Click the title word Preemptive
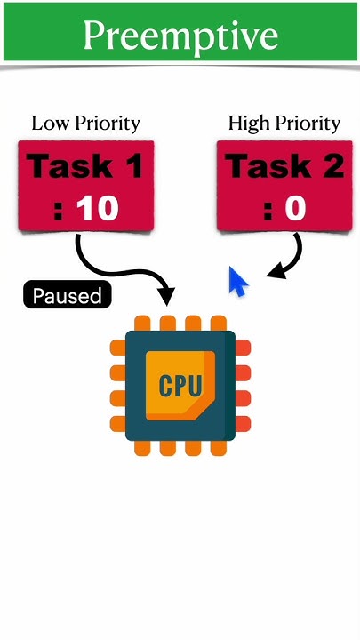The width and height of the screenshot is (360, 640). coord(180,36)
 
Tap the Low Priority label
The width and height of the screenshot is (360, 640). coord(85,123)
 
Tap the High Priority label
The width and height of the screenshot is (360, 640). coord(284,123)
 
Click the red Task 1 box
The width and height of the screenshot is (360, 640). coord(85,185)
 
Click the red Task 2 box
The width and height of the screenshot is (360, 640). coord(283,185)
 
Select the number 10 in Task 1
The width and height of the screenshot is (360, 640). coord(98,209)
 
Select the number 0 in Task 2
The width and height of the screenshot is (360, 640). coord(295,209)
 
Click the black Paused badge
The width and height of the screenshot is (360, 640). coord(67,296)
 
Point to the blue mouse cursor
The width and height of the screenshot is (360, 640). coord(237,282)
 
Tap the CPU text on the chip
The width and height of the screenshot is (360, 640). coord(180,385)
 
